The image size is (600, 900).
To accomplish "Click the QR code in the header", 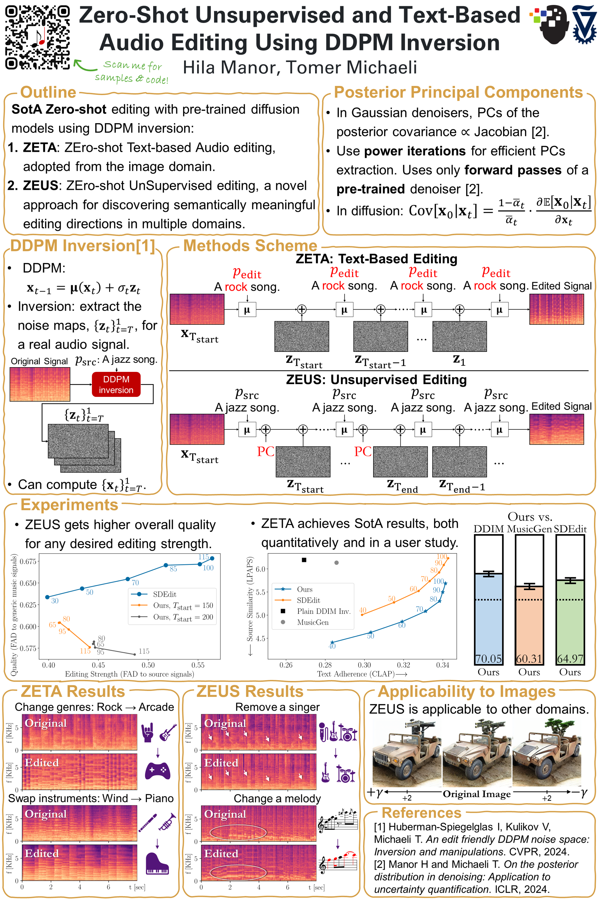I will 37,37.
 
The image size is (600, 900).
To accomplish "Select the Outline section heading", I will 48,92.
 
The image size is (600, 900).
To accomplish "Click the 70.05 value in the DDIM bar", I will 488,658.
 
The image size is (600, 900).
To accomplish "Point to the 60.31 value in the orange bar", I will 529,658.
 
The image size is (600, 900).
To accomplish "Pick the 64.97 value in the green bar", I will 570,658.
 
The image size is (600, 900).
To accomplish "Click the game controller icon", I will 157,771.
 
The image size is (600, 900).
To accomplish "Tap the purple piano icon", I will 157,864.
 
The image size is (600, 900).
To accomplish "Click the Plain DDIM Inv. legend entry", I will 323,611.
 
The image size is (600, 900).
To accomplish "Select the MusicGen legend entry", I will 312,622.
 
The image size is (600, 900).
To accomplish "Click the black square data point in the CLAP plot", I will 304,560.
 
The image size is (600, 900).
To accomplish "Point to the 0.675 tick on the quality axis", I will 28,561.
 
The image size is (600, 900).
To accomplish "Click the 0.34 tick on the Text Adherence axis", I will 442,665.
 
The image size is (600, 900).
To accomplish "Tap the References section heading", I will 421,813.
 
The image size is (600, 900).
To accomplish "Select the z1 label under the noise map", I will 459,360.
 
